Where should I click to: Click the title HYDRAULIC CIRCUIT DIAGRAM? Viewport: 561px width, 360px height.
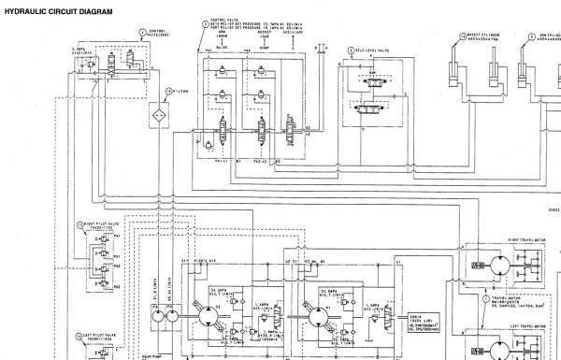pyautogui.click(x=58, y=11)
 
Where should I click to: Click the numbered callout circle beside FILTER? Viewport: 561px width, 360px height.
pyautogui.click(x=168, y=91)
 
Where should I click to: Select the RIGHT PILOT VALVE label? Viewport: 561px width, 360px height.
pyautogui.click(x=101, y=224)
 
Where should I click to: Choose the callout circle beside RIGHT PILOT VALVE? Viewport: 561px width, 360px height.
pyautogui.click(x=80, y=224)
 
